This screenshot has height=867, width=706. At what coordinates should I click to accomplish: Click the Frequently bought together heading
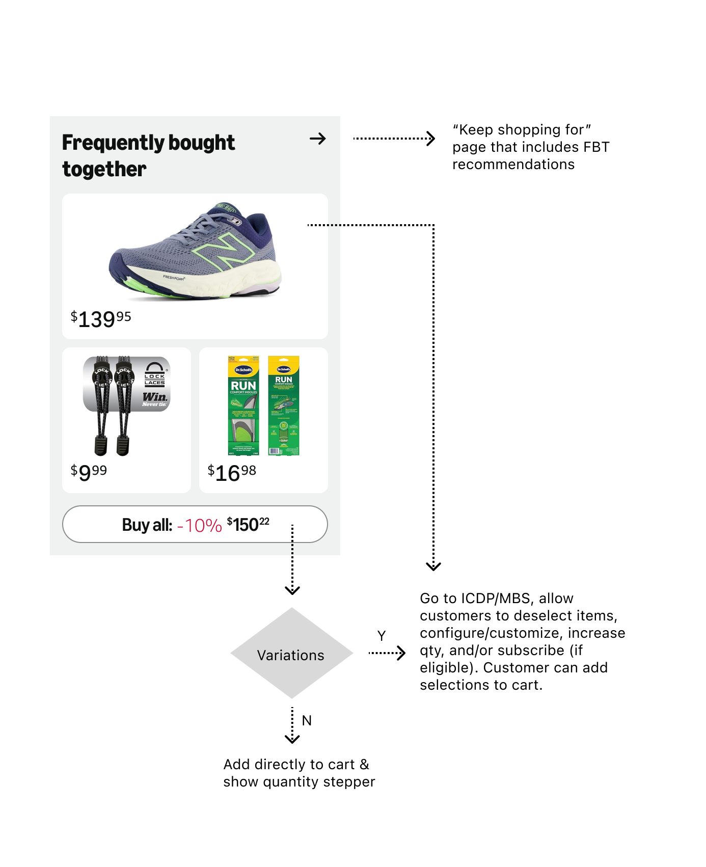pos(148,155)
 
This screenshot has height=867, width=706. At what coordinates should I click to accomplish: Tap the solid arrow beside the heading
pos(317,139)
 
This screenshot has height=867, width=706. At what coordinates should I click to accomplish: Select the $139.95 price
pos(101,319)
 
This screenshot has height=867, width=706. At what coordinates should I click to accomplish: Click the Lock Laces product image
pos(126,405)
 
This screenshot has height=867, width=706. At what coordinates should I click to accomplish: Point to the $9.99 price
pos(89,472)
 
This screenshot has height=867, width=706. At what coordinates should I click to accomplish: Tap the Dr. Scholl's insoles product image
pos(263,405)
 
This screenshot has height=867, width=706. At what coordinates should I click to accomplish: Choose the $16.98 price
pos(232,472)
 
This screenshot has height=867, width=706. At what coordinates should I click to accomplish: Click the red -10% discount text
pos(199,525)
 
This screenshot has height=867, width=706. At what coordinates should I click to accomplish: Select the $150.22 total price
pos(248,524)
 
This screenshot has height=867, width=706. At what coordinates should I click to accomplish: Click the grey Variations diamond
pos(291,653)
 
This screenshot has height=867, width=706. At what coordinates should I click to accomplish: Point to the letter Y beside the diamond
pos(382,636)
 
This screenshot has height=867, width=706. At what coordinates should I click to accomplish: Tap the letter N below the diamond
pos(307,720)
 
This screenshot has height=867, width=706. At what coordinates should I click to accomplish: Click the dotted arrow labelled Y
pos(387,653)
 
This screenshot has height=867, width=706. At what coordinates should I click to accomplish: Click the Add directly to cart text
pos(299,773)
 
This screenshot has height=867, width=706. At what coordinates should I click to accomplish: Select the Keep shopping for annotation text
pos(530,147)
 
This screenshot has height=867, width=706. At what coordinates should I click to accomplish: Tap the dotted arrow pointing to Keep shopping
pos(394,139)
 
